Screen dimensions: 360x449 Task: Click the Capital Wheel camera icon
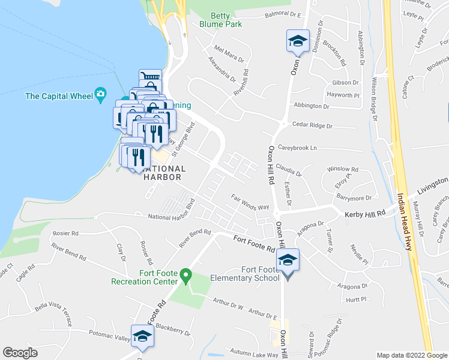coord(100,95)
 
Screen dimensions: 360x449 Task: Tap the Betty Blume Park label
coord(221,20)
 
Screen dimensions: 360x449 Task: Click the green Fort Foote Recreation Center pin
coord(186,276)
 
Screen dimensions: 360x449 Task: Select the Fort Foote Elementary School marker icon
coord(288,261)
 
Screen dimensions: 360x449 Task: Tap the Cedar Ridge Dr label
coord(312,126)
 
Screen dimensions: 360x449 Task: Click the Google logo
coord(20,353)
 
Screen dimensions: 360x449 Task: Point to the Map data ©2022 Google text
coord(411,355)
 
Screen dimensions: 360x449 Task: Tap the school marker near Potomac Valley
coord(142,337)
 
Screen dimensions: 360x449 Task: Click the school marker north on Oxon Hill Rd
coord(298,41)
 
